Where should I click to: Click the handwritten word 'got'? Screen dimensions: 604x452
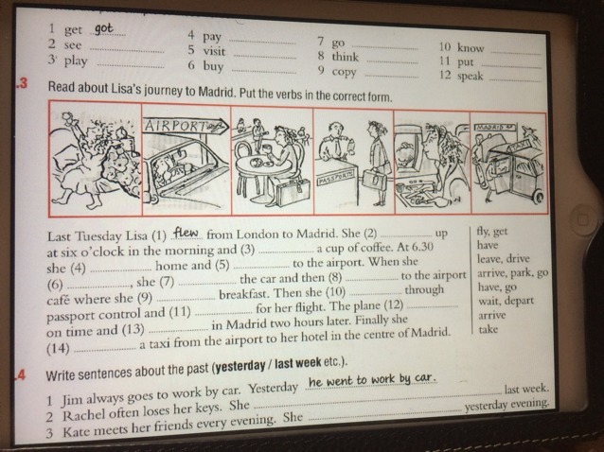coord(104,29)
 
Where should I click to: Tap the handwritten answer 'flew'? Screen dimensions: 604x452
coord(186,233)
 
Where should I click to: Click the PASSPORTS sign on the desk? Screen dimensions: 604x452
coord(335,178)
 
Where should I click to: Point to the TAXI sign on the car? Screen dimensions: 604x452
coord(520,148)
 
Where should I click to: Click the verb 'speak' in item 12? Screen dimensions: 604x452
coord(470,76)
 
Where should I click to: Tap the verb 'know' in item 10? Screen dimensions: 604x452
coord(471,48)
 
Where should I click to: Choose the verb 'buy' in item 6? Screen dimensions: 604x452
coord(213,66)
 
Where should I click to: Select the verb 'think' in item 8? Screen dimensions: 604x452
coord(346,57)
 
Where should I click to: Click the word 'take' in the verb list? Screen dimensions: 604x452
coord(489,329)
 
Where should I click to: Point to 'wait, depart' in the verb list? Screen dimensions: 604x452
coord(506,301)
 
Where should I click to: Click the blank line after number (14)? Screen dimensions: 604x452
coord(104,350)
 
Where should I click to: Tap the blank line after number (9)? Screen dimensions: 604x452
coord(187,299)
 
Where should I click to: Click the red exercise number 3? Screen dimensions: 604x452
coord(23,84)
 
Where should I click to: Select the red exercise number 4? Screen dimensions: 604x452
coord(21,374)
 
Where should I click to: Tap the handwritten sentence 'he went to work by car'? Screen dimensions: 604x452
coord(372,380)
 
